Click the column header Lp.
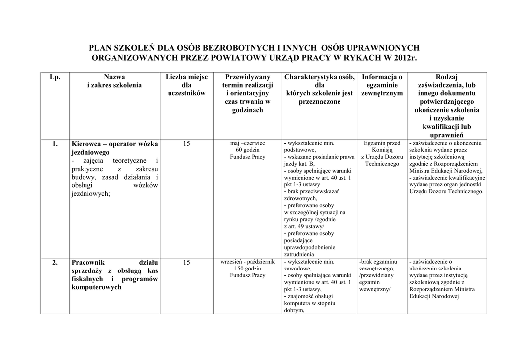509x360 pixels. point(55,77)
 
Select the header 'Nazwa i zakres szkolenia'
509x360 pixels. point(114,81)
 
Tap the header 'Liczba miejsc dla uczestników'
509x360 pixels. point(186,85)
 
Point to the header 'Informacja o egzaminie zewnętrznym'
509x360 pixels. point(382,85)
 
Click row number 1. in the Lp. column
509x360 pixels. point(55,144)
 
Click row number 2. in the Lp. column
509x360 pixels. point(55,262)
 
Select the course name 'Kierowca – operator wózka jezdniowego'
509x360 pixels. point(114,148)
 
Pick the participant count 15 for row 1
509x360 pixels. point(186,144)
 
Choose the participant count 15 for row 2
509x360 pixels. point(186,262)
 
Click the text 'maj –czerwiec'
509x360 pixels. point(248,143)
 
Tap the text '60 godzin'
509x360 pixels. point(248,150)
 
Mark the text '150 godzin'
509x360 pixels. point(248,269)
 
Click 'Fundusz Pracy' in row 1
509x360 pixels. point(248,157)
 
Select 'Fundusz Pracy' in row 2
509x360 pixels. point(248,275)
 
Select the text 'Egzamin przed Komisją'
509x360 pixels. point(382,146)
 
